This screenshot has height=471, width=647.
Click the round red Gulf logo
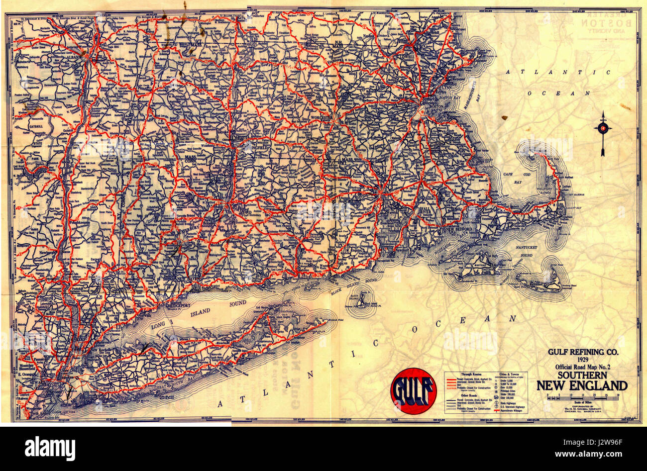413,391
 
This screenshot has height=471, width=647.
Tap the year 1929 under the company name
583,360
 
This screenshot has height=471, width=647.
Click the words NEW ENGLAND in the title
582,385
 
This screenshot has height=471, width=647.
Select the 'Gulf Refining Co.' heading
583,352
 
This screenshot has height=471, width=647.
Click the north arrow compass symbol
603,130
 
